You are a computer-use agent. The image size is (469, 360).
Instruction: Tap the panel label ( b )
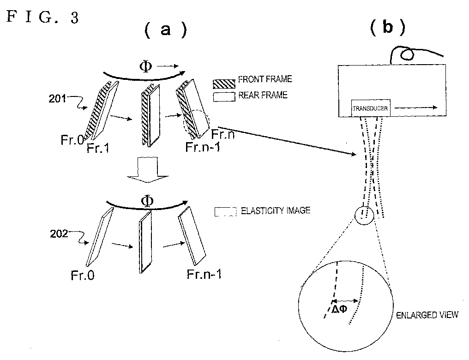[x=387, y=28]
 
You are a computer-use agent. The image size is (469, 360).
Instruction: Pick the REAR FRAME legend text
[x=263, y=96]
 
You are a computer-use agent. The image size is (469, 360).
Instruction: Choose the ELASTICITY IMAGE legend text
[x=275, y=211]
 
